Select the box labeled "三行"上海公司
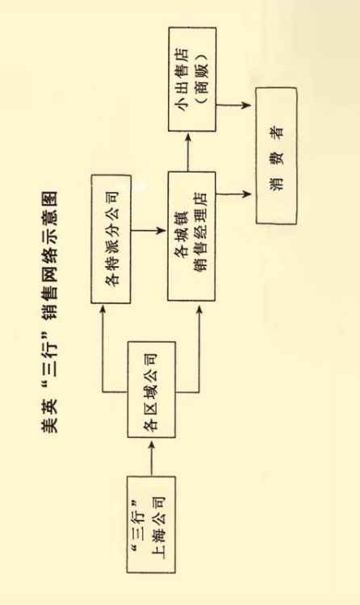[151, 524]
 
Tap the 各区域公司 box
[152, 390]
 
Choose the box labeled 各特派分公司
[111, 239]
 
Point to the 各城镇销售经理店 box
[191, 236]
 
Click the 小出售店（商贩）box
[192, 79]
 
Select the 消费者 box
[276, 156]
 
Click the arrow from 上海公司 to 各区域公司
[152, 458]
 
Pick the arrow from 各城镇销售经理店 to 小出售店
[188, 152]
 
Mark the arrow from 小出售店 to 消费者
[234, 104]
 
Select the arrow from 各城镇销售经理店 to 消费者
[234, 194]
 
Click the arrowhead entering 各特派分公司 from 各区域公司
[103, 310]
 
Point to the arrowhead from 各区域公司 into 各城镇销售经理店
[199, 310]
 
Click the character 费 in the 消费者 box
[277, 156]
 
